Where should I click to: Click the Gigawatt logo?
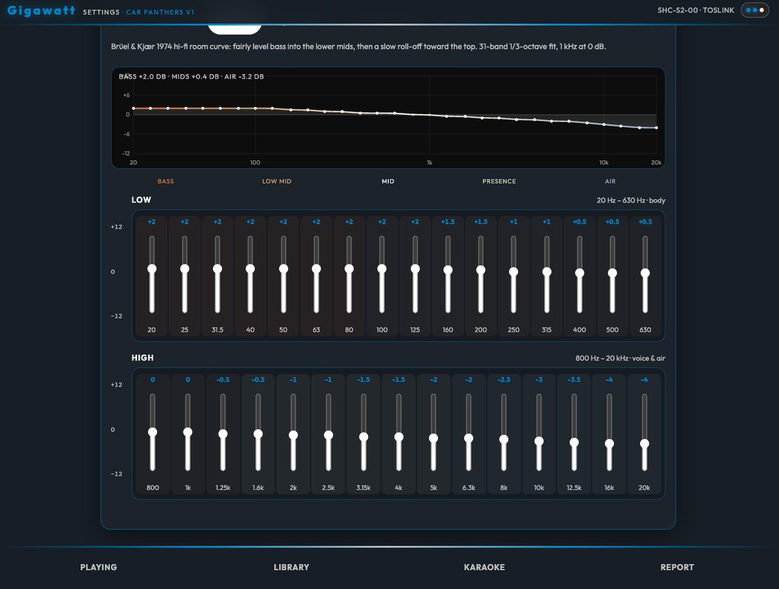[41, 10]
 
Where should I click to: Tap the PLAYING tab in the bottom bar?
[98, 567]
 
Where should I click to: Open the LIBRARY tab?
[291, 567]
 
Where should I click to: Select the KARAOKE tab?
[484, 567]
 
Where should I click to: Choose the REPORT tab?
[677, 567]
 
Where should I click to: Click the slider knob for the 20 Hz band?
[152, 269]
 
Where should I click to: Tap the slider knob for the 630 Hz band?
[645, 273]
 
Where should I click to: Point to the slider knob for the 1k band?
[188, 432]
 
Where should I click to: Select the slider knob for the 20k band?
[645, 444]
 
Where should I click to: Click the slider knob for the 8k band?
[504, 439]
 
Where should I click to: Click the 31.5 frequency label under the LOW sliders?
[217, 330]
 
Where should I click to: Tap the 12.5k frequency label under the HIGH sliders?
[574, 488]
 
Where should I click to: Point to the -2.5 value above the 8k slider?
[504, 379]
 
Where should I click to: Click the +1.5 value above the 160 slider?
[448, 222]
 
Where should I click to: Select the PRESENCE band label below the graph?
[499, 181]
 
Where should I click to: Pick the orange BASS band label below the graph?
[166, 181]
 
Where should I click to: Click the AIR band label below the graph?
[610, 181]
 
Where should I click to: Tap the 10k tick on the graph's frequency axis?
[604, 162]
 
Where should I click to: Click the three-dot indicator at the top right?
[755, 10]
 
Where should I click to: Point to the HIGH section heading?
[142, 358]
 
